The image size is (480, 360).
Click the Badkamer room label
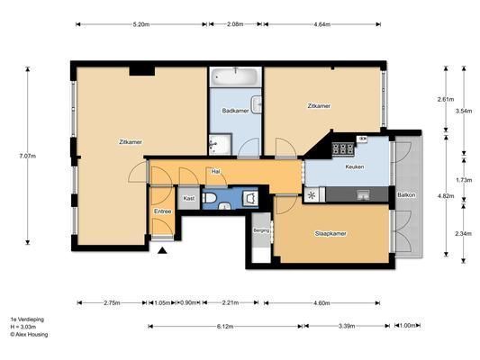tap(235, 111)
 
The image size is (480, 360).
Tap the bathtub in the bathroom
tap(235, 76)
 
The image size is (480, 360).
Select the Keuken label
tap(355, 166)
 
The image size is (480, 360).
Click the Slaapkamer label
tap(331, 234)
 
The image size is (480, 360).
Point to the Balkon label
tap(406, 194)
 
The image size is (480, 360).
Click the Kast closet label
tap(189, 198)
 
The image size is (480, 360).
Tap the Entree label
tap(162, 211)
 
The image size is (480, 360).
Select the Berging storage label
tap(261, 230)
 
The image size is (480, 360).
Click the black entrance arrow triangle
tap(162, 251)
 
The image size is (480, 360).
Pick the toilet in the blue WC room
tap(210, 198)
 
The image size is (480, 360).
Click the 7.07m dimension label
tap(28, 156)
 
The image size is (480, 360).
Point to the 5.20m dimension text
tap(141, 24)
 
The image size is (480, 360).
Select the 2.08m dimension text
tap(235, 24)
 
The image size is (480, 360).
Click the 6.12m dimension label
tap(225, 327)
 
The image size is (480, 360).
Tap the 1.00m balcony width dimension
tap(408, 326)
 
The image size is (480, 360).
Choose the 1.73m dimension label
tap(464, 180)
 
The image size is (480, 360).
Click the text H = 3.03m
tap(23, 327)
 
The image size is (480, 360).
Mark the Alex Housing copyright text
tap(29, 334)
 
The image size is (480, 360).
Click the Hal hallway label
tap(216, 172)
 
